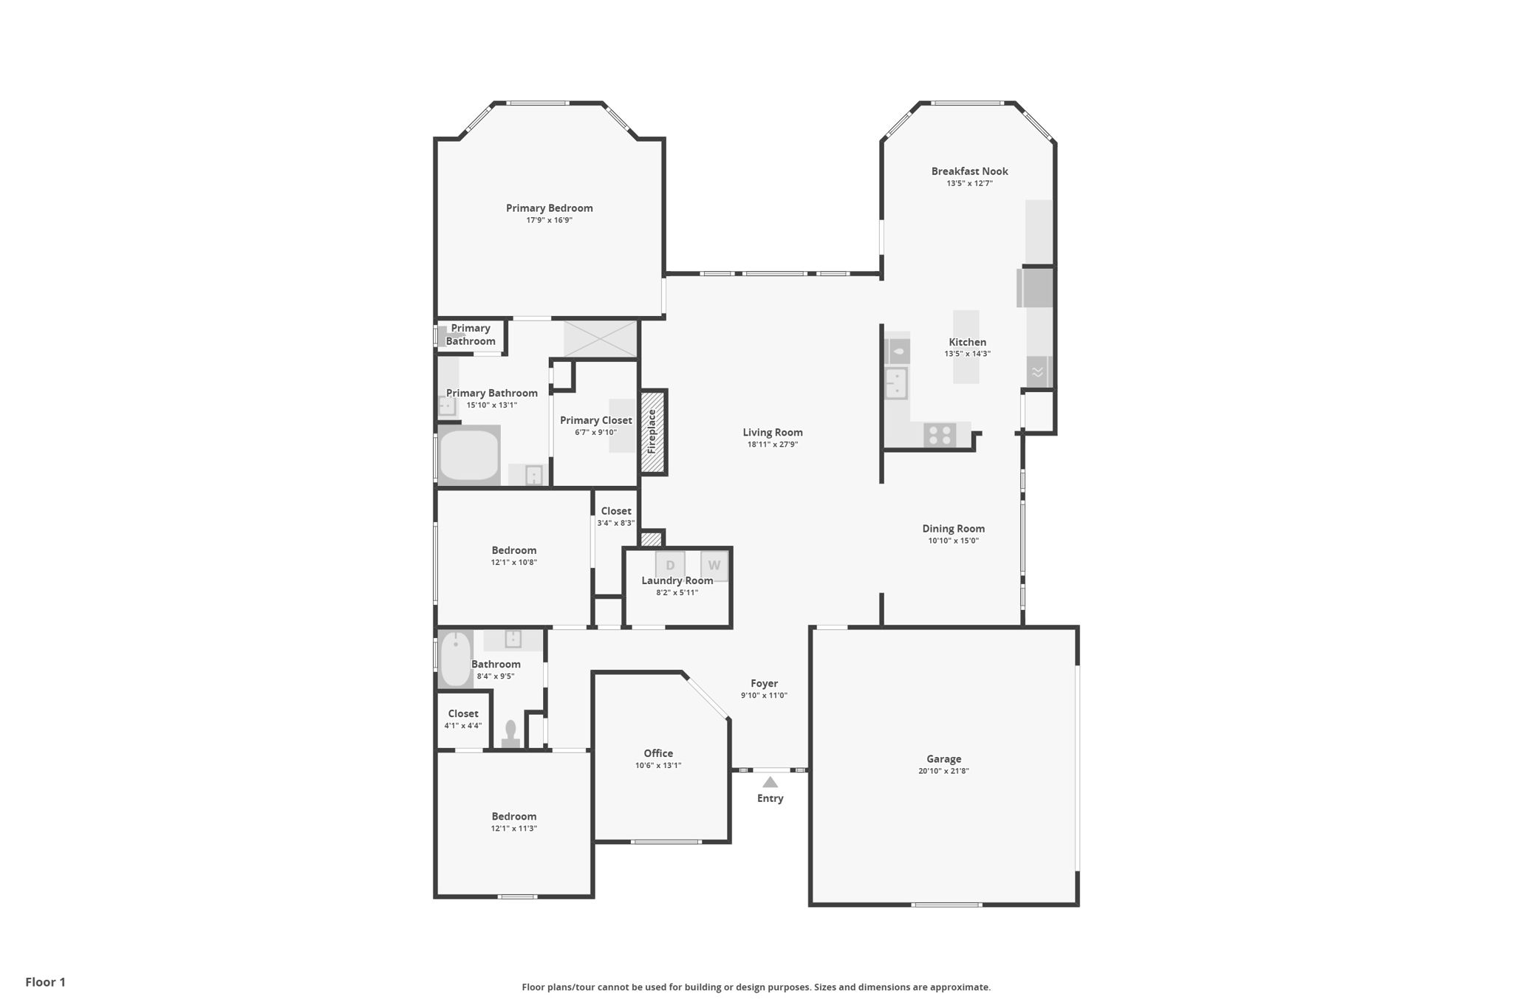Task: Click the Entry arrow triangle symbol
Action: (770, 782)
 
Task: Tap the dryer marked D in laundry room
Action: (670, 565)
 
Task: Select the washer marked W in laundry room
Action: (714, 565)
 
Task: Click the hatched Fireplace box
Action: (652, 432)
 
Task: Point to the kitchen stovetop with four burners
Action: (940, 435)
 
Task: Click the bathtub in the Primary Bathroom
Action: (468, 455)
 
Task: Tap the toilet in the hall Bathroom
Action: (510, 735)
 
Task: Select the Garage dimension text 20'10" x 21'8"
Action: (943, 771)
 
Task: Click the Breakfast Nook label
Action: (969, 171)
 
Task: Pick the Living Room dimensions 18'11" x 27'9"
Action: (772, 445)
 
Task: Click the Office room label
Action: (658, 753)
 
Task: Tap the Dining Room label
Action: (953, 529)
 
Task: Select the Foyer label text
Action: (764, 684)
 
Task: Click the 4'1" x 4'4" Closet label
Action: (462, 713)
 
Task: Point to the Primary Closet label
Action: (595, 420)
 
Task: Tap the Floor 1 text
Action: (45, 982)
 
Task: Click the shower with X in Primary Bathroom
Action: (600, 339)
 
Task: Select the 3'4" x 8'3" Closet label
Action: (615, 511)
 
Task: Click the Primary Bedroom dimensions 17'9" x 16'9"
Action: (549, 220)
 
